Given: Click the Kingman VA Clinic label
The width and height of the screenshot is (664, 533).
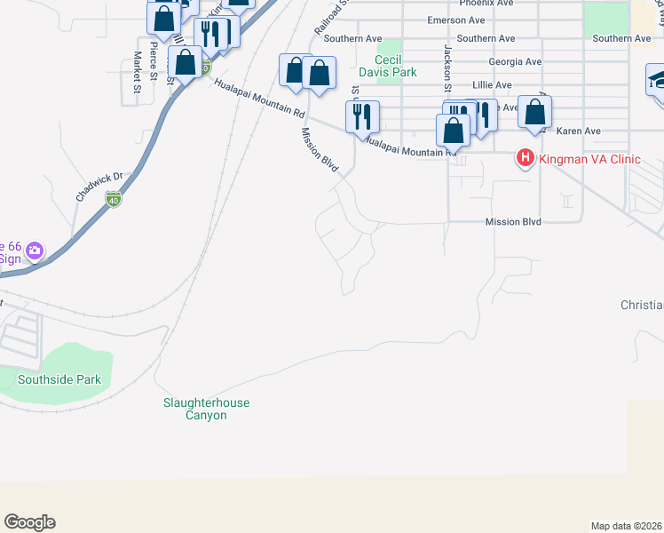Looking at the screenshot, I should [x=589, y=159].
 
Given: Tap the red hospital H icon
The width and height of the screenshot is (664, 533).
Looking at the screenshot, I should [x=525, y=159].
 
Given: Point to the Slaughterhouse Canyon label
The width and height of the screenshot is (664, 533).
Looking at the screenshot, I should [x=205, y=409].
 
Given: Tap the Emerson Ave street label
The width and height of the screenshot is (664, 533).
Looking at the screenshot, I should [x=456, y=20].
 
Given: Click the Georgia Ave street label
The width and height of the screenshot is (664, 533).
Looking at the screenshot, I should [x=515, y=62].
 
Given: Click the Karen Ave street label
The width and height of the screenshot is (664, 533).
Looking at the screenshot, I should [x=579, y=131].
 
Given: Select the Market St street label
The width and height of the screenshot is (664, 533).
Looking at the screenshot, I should [x=138, y=72].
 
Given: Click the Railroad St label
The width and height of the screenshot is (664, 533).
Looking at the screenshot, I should [x=325, y=18].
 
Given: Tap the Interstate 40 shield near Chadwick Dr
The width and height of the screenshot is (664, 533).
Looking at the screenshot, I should [x=113, y=199].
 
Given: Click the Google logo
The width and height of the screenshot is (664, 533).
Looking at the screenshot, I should [x=29, y=522].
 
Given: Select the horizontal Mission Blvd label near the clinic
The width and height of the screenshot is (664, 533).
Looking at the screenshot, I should [x=513, y=222].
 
